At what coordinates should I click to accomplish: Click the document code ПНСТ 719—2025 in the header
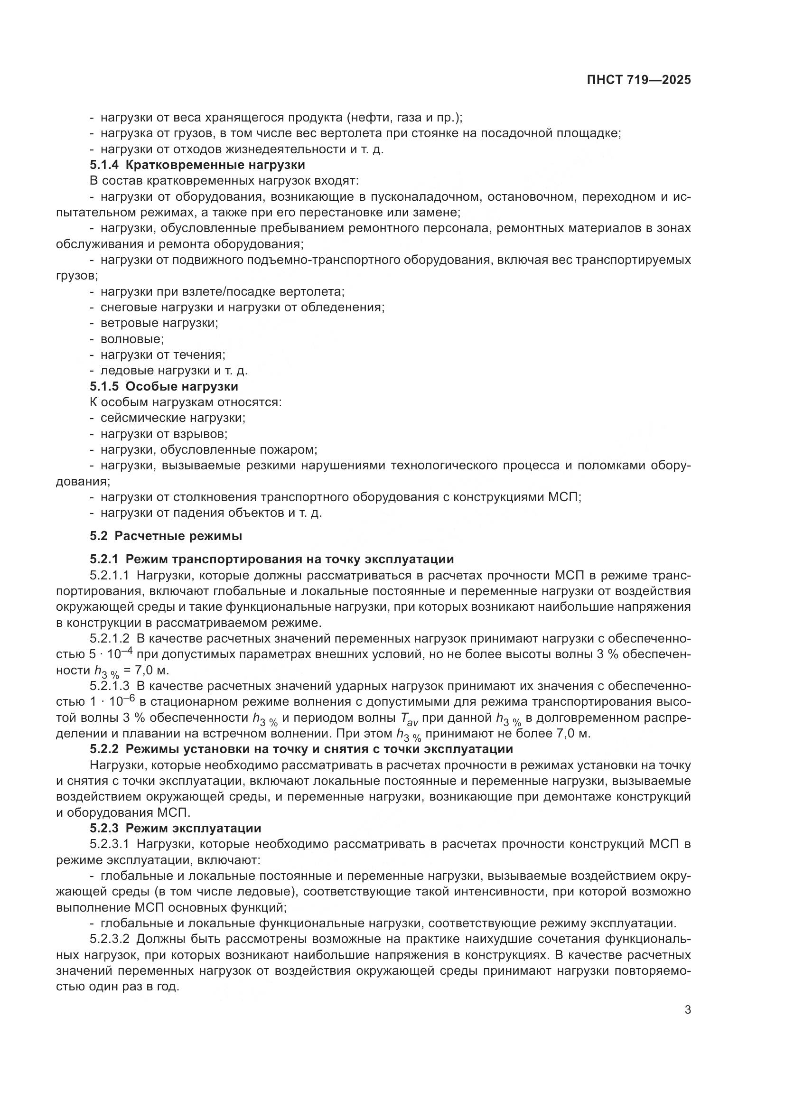pyautogui.click(x=638, y=80)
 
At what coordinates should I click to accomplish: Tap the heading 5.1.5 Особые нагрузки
pyautogui.click(x=164, y=386)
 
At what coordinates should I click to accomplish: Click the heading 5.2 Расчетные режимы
pyautogui.click(x=166, y=536)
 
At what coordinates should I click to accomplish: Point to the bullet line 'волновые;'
pyautogui.click(x=132, y=339)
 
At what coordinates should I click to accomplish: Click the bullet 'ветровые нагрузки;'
pyautogui.click(x=159, y=323)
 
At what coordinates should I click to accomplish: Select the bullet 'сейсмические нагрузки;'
pyautogui.click(x=173, y=418)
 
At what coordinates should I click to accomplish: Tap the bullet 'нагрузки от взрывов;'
pyautogui.click(x=164, y=434)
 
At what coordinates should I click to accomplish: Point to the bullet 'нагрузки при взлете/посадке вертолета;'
pyautogui.click(x=222, y=291)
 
